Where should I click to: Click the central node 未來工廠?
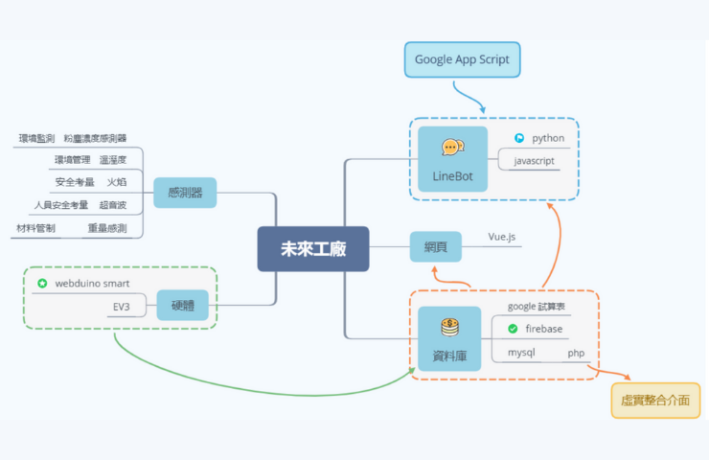312,248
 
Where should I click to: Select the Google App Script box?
461,59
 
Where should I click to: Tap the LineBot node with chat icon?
452,159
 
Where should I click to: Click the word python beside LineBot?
548,138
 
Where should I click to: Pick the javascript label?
535,160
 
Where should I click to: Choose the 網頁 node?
435,247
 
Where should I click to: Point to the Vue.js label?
503,236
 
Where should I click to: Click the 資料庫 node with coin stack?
449,339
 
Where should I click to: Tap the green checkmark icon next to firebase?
513,329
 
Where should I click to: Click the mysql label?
521,353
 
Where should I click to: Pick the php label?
576,353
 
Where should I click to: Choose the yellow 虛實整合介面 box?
654,400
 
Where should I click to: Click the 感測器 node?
185,193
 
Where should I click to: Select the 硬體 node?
182,306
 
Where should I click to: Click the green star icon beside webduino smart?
42,284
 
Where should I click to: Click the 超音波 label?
113,204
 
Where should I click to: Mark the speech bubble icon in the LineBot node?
452,147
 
